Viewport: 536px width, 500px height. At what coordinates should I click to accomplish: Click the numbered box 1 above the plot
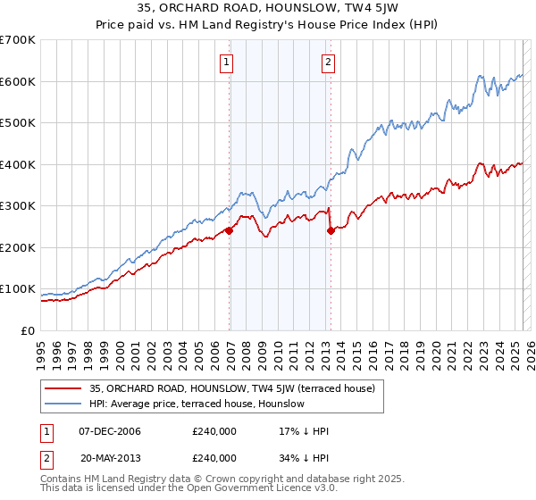click(x=226, y=62)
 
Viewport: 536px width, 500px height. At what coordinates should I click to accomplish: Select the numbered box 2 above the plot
click(x=328, y=62)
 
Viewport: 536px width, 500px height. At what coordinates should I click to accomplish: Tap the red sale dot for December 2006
click(x=229, y=230)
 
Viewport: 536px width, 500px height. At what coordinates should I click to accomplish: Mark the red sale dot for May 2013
click(x=331, y=230)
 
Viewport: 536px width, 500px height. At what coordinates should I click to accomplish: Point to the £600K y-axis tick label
click(x=18, y=81)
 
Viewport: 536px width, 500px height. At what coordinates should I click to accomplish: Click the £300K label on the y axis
click(x=18, y=206)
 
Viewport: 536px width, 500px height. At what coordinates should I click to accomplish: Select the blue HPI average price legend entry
click(x=197, y=404)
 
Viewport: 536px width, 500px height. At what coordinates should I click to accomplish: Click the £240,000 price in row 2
click(x=214, y=457)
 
